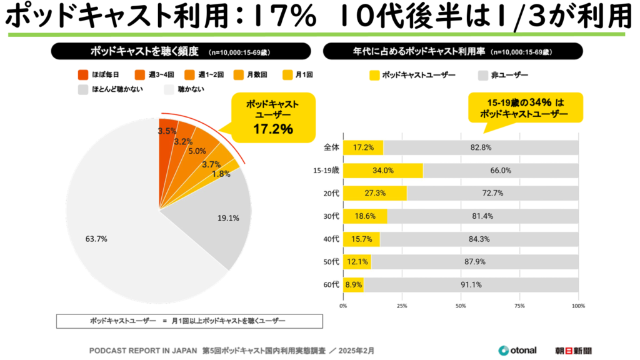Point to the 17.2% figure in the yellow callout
[x=273, y=129]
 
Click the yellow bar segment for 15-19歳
[x=382, y=171]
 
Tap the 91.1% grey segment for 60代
[x=471, y=285]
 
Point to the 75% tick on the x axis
[x=519, y=306]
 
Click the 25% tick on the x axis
[x=402, y=306]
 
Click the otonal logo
[x=517, y=350]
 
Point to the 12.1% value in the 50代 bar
[x=356, y=262]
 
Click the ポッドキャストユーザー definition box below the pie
[x=190, y=321]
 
